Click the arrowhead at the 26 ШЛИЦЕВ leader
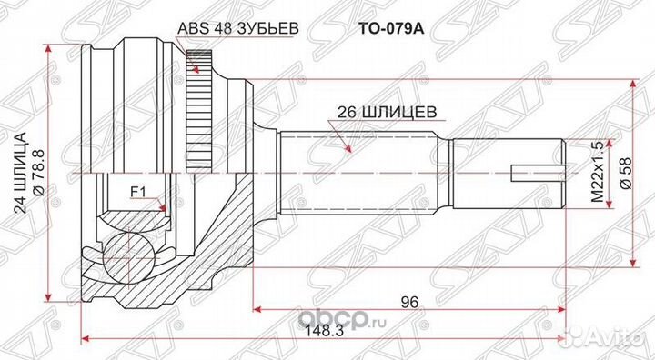coord(348,149)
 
